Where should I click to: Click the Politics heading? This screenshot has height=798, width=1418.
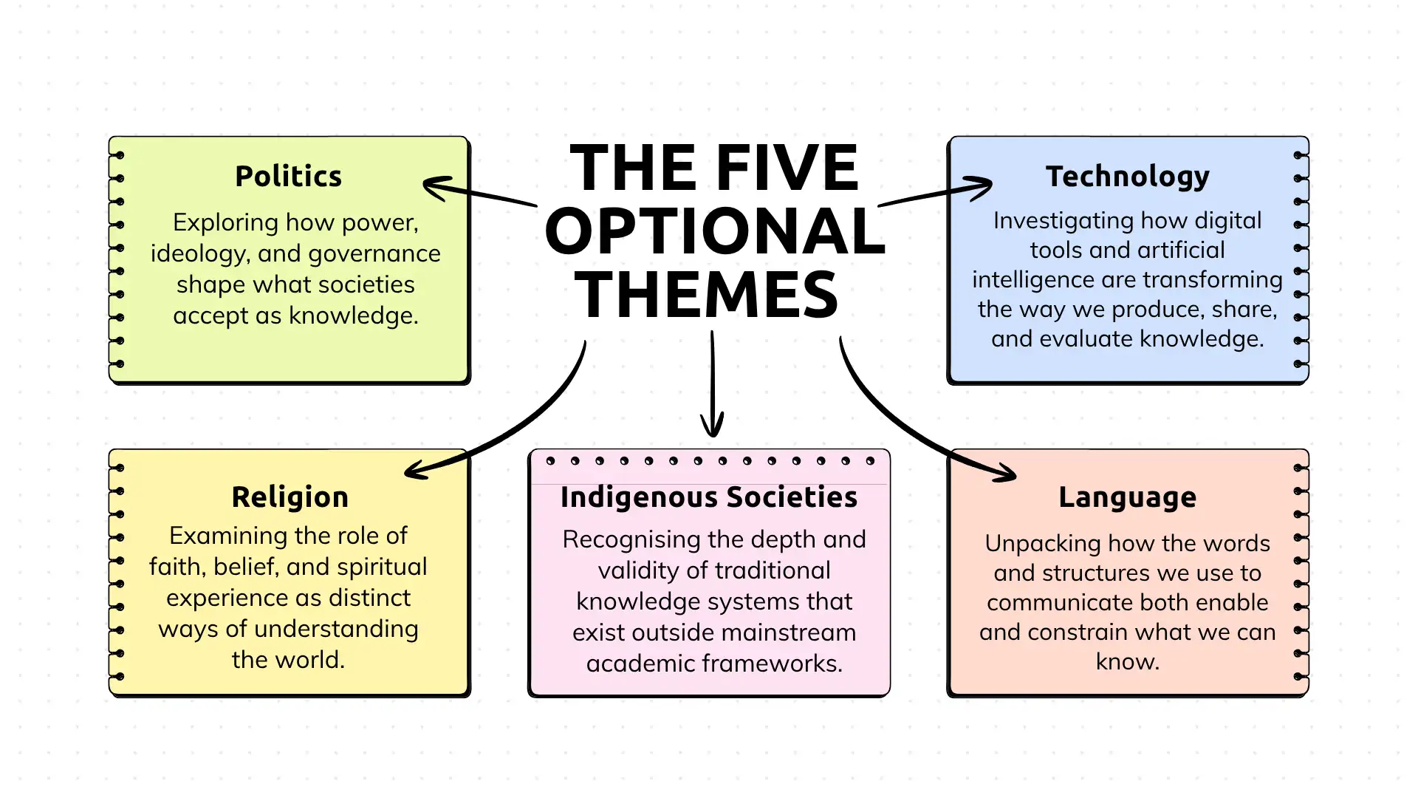click(x=288, y=177)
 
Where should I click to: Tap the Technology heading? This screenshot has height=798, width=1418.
click(x=1128, y=177)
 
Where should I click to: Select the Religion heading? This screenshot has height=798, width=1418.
click(x=290, y=497)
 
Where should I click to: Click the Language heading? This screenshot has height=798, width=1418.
click(x=1127, y=497)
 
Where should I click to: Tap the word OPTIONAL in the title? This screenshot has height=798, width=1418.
click(x=715, y=231)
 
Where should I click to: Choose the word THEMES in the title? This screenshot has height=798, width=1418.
click(x=707, y=295)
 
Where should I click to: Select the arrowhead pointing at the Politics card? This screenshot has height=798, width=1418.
click(x=437, y=188)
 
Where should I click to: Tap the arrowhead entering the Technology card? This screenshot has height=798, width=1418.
click(x=978, y=188)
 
